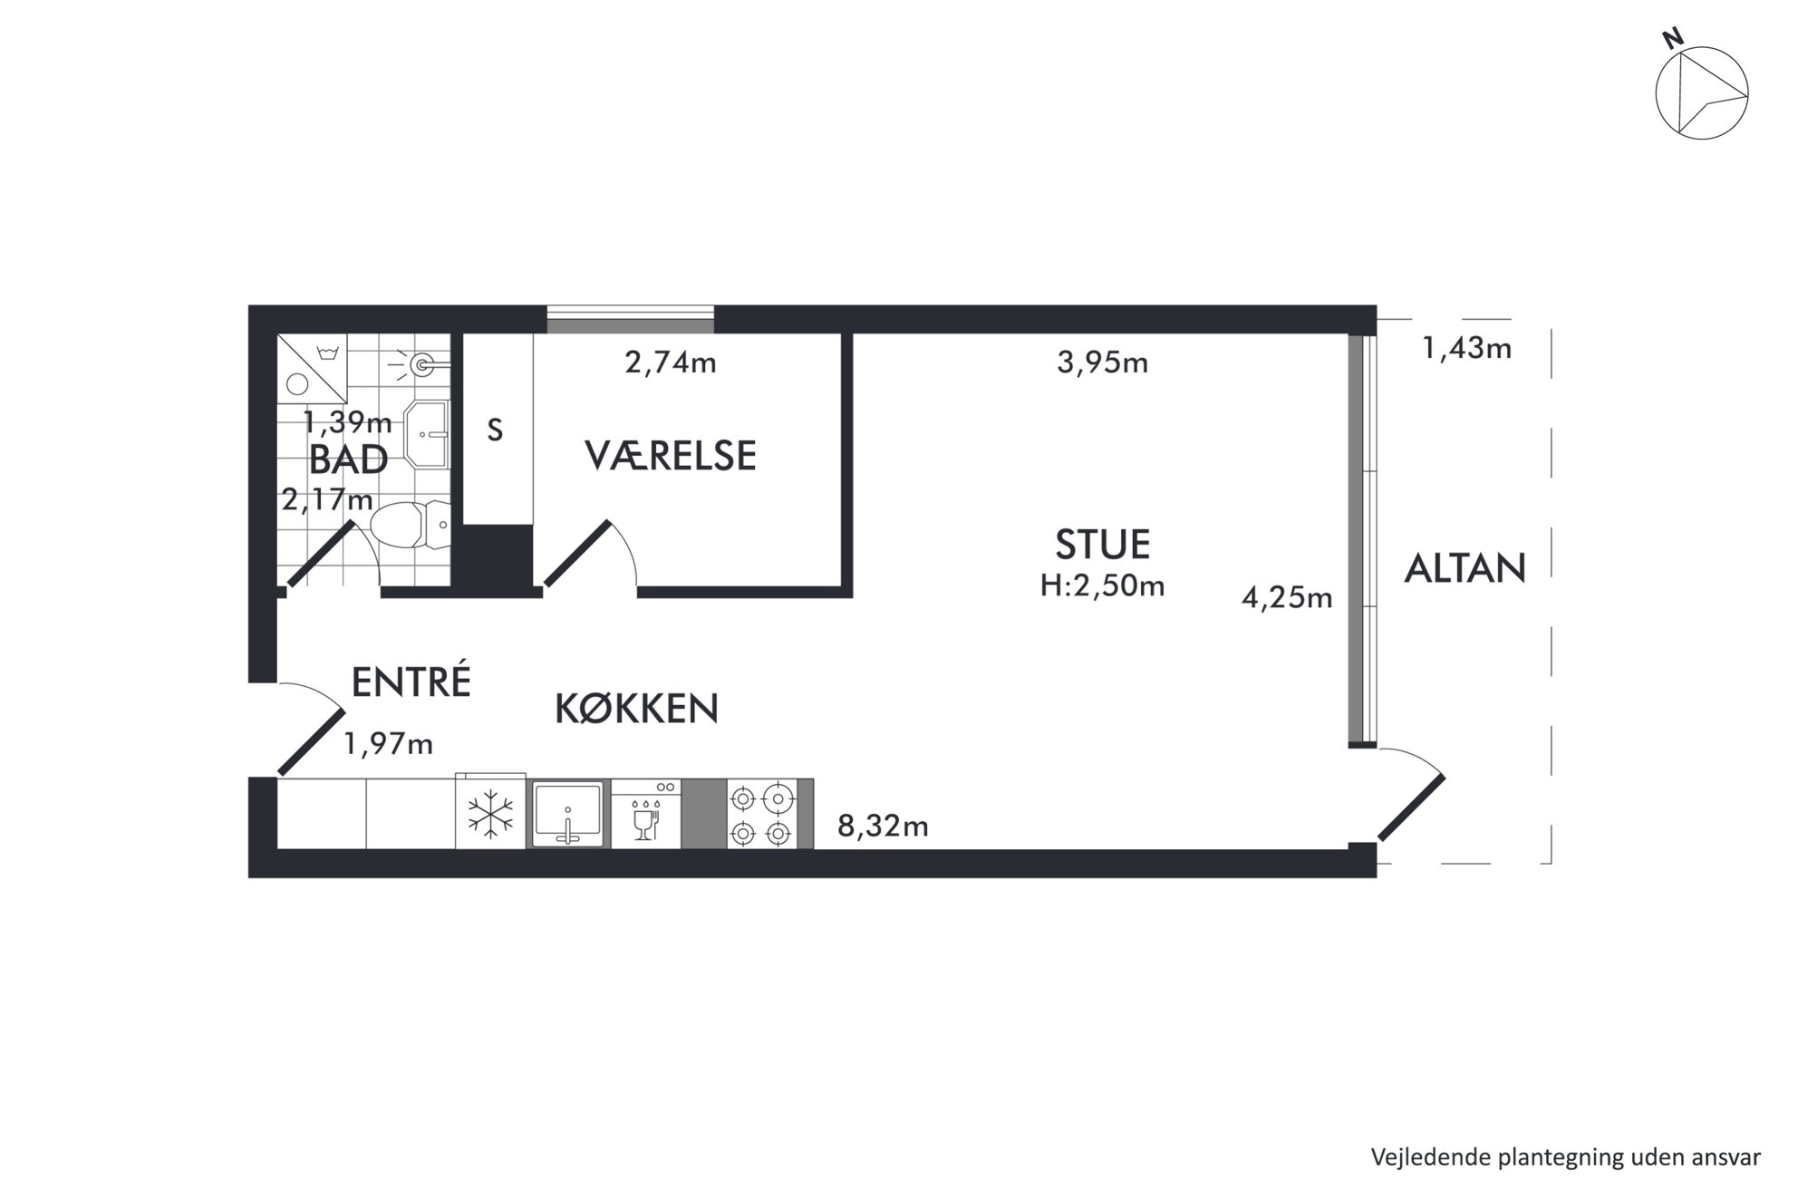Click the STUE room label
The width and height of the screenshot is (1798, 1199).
1102,544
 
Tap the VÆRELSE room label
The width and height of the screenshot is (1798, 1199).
671,455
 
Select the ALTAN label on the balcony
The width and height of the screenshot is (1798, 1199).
1464,568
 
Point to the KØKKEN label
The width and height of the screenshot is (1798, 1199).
636,708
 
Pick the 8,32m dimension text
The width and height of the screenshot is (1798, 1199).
883,827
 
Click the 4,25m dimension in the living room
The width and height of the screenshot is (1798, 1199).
1287,598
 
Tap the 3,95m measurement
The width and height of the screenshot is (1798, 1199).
1102,363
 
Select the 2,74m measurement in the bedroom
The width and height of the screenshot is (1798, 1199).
671,363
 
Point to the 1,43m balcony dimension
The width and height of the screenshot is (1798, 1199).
1466,349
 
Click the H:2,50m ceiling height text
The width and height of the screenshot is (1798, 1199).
1102,586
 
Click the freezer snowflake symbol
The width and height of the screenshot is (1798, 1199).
490,814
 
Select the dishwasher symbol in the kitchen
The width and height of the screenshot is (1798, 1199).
645,814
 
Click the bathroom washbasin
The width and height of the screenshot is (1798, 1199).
426,434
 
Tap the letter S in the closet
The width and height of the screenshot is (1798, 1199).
495,430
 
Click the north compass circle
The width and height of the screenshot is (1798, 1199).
1701,93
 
